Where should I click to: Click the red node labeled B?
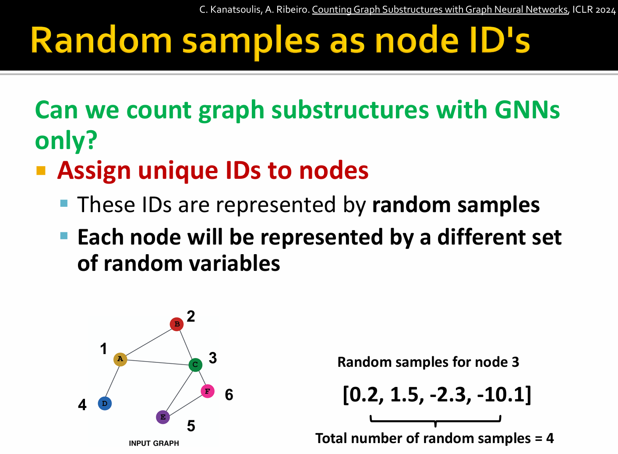pos(177,324)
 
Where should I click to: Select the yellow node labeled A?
pos(120,359)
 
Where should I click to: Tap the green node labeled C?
pos(195,365)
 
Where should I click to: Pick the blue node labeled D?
pos(105,404)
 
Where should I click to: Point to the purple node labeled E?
pos(163,417)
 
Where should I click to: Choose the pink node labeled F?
pos(208,391)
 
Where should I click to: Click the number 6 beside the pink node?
pos(229,395)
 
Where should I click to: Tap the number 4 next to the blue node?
pos(82,405)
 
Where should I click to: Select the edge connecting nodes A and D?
pos(112,381)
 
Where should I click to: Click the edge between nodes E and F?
pos(185,405)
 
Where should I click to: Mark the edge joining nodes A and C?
pos(158,362)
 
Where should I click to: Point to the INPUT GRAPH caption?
pos(154,443)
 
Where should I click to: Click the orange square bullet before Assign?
pos(41,170)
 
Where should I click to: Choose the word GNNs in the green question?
pos(527,110)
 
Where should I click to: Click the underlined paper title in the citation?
pos(440,10)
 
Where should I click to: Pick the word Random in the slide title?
pos(101,40)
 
